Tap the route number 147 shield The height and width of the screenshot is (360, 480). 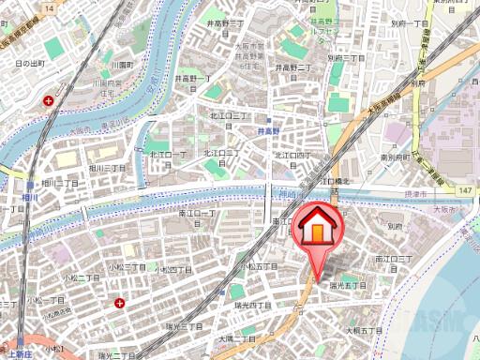coord(464,190)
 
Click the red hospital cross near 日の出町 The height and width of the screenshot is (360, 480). coord(62,98)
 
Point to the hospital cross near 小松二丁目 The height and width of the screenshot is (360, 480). coord(119,302)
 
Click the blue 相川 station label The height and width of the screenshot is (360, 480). coord(31,198)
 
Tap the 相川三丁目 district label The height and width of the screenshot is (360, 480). coord(108,167)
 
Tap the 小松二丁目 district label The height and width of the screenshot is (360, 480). coord(81,277)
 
